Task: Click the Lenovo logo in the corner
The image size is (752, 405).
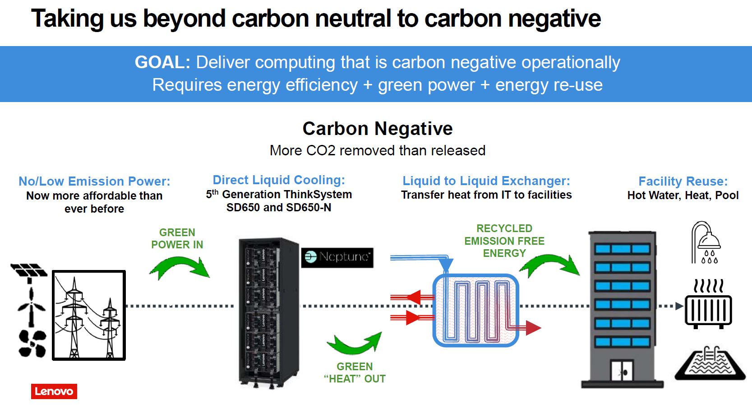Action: [54, 391]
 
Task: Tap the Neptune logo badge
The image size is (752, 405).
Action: [337, 257]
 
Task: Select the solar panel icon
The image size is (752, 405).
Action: [29, 271]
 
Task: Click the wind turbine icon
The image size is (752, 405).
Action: [31, 307]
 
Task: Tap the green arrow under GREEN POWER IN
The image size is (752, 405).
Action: [179, 268]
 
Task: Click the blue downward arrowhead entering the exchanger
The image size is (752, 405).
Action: [446, 264]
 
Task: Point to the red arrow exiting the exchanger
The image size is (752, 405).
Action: [532, 327]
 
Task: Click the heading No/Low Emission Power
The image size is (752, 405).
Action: [94, 181]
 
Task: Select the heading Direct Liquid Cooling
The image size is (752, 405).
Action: [279, 180]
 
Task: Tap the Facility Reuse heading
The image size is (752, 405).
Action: [683, 181]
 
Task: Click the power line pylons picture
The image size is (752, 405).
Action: [89, 315]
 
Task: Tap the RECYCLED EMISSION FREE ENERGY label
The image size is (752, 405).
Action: [504, 241]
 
